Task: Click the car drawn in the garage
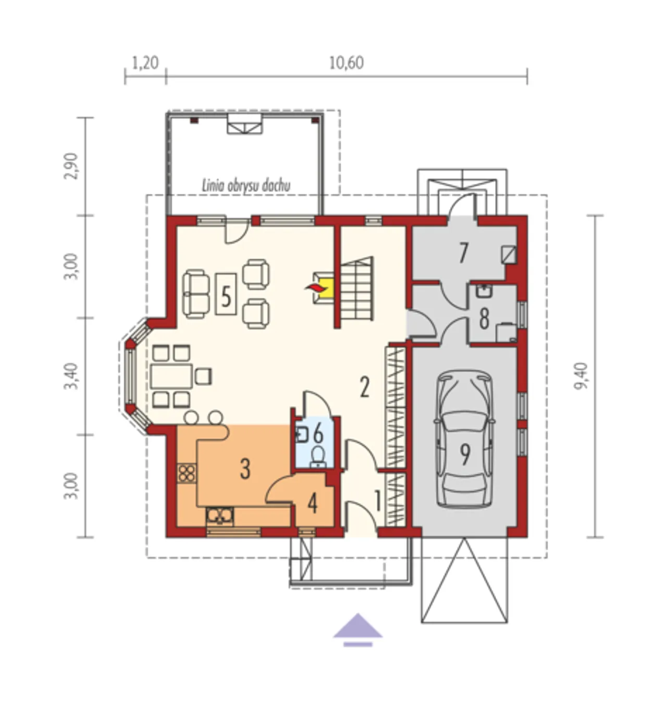coord(464,438)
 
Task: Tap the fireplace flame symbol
coord(313,287)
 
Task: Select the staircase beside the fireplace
coord(356,288)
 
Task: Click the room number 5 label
coord(226,296)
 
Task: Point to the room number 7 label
coord(463,253)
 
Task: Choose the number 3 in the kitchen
coord(245,469)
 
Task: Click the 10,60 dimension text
coord(346,64)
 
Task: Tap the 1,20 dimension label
coord(145,64)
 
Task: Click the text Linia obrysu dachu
coord(246,186)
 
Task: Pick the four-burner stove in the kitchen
coord(187,473)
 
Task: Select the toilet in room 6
coord(317,457)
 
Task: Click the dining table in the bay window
coord(171,376)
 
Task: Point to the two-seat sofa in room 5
coord(196,294)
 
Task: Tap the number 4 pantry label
coord(312,505)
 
